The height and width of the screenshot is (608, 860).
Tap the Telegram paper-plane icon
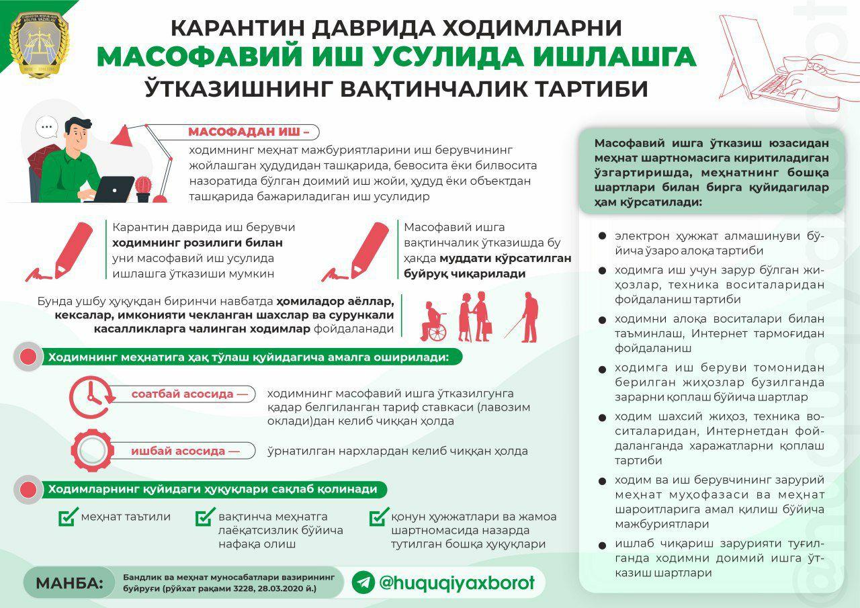(x=363, y=582)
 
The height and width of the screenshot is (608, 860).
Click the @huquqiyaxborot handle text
(x=457, y=582)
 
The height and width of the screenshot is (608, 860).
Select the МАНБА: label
(x=70, y=582)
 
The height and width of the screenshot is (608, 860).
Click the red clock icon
(x=90, y=398)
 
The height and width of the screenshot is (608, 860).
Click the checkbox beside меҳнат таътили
(x=68, y=517)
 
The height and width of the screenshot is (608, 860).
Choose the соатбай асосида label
(x=184, y=394)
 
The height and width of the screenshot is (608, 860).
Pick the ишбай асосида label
(x=185, y=451)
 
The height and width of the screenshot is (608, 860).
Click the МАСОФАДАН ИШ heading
(x=249, y=132)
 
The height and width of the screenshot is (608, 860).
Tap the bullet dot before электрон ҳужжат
(x=602, y=236)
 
